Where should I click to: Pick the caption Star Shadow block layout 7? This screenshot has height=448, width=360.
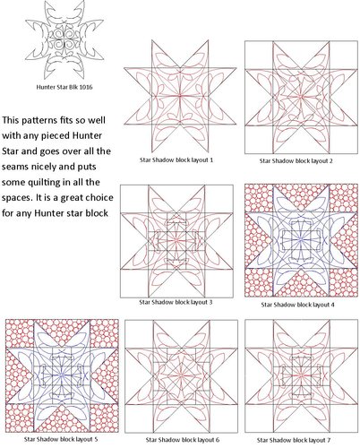coord(296,438)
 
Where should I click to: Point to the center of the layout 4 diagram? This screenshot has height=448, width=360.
coord(296,239)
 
